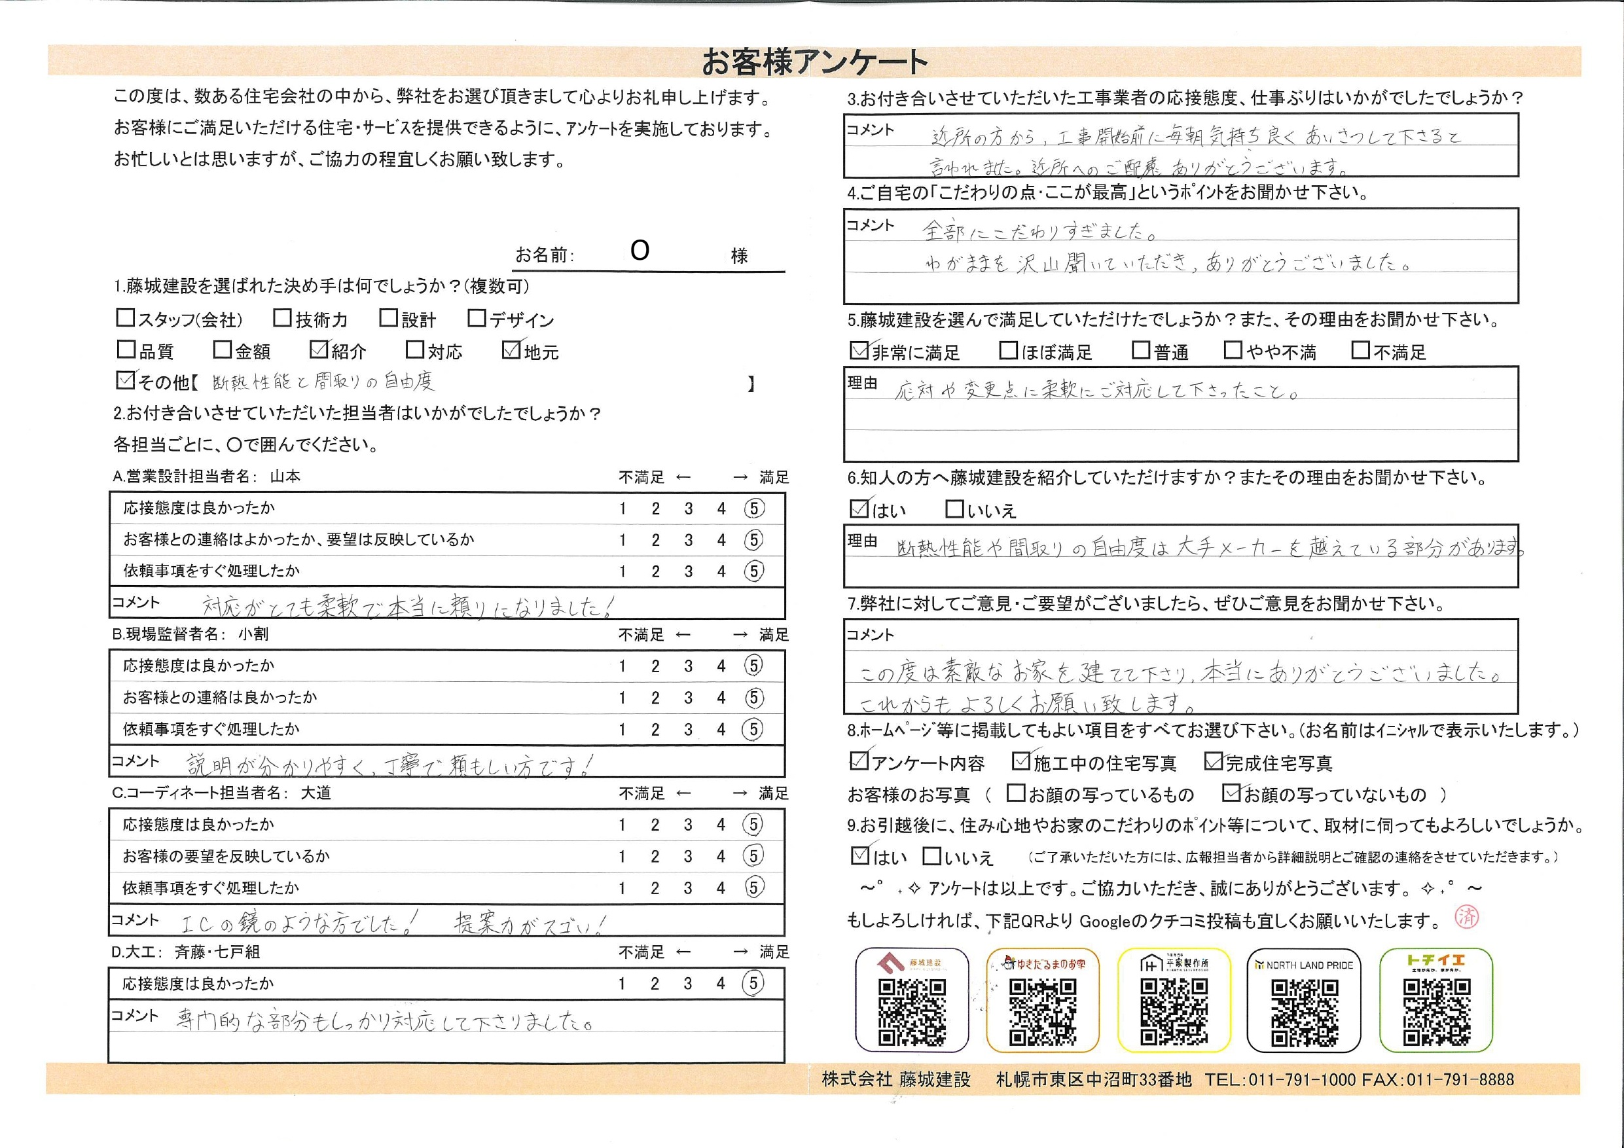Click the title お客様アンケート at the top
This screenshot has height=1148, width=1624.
(814, 62)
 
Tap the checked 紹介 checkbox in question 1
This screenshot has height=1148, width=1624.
(319, 350)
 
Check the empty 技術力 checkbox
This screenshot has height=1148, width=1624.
(282, 318)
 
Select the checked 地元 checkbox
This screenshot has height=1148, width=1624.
(511, 350)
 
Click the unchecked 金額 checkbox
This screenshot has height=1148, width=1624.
(222, 350)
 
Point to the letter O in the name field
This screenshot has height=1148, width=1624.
(640, 251)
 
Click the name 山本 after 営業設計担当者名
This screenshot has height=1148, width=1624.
(285, 476)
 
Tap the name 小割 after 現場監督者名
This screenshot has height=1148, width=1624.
(253, 634)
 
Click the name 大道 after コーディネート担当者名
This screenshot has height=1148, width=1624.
(316, 793)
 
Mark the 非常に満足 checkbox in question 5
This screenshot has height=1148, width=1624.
(859, 351)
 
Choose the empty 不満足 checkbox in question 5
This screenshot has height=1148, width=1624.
(1360, 350)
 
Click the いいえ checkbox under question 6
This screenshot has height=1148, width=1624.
(954, 509)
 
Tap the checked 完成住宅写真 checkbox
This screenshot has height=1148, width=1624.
(1214, 761)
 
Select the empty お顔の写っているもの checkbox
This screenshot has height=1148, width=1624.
(1016, 793)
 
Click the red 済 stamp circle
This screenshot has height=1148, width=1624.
(1467, 918)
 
